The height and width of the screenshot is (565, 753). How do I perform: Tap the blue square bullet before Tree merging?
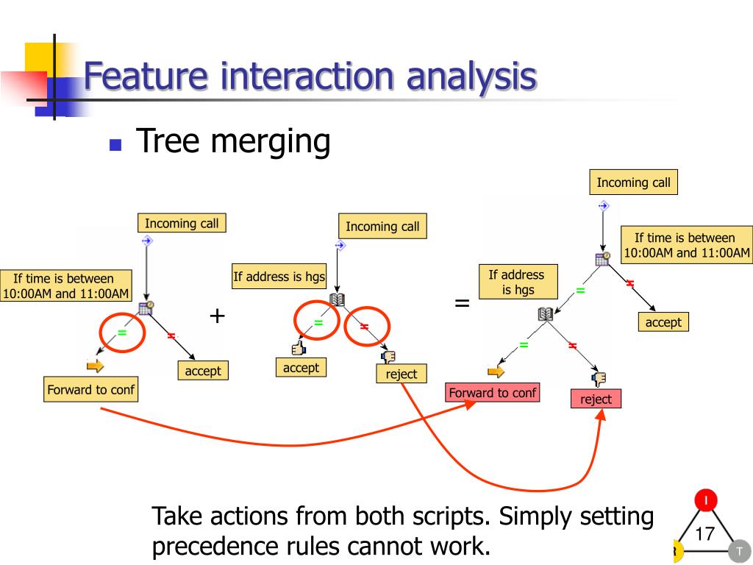115,144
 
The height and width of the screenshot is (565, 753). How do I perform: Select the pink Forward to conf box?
492,393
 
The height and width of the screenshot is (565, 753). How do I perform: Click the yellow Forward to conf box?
90,390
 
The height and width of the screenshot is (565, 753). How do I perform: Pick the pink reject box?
596,399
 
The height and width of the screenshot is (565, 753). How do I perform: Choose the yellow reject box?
401,374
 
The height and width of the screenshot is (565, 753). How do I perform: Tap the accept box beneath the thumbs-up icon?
301,368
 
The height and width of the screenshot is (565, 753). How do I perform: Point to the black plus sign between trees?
217,316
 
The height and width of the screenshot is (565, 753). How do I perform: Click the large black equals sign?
462,302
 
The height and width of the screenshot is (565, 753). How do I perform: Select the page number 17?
704,533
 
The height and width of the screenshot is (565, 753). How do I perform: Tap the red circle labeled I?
706,501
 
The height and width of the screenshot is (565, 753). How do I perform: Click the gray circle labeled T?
739,551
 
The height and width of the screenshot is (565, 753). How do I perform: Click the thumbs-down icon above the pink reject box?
599,379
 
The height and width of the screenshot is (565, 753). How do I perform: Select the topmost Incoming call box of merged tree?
633,182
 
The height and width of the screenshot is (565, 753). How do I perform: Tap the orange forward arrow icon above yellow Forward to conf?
96,366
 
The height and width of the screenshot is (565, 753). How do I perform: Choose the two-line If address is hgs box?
518,282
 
